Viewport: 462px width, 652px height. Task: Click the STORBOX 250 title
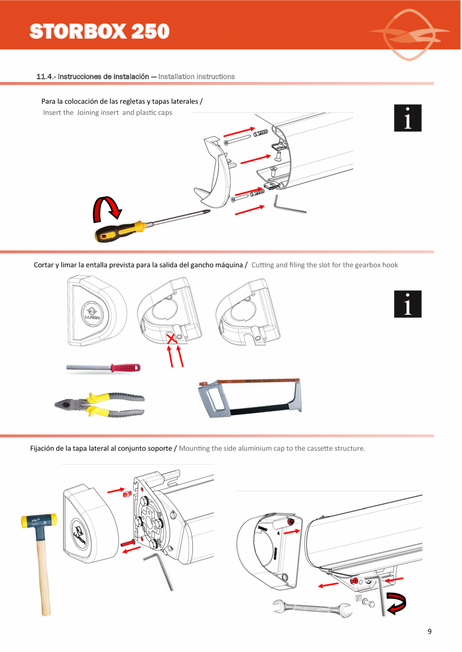click(x=99, y=31)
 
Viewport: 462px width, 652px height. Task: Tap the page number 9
click(x=429, y=631)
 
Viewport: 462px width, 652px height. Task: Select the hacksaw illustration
click(x=249, y=396)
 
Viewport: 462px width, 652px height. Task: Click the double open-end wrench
click(x=311, y=608)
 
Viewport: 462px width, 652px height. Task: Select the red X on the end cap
click(x=172, y=339)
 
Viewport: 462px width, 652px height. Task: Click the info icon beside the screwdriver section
click(x=407, y=118)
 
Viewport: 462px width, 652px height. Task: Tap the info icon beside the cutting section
click(x=407, y=304)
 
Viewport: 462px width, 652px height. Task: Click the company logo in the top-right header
click(x=410, y=34)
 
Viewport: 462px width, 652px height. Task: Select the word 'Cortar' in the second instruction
click(x=43, y=265)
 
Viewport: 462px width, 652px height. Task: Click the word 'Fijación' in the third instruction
click(x=44, y=448)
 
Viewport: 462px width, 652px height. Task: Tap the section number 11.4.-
click(x=46, y=77)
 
